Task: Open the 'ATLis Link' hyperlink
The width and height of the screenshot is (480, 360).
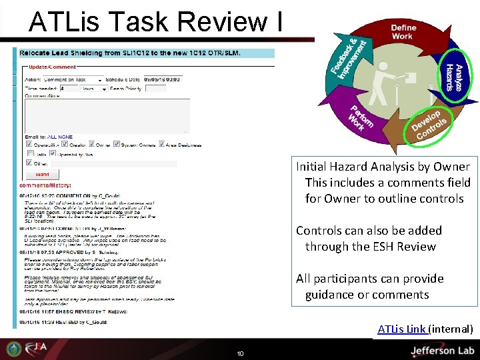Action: pyautogui.click(x=402, y=329)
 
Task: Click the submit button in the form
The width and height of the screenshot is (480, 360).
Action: pyautogui.click(x=41, y=173)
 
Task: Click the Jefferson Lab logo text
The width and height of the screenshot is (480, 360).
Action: pyautogui.click(x=441, y=349)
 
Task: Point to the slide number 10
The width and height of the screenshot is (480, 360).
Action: pyautogui.click(x=240, y=353)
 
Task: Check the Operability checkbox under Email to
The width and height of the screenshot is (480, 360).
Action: pyautogui.click(x=28, y=143)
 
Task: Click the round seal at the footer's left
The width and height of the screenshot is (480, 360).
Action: pyautogui.click(x=13, y=349)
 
